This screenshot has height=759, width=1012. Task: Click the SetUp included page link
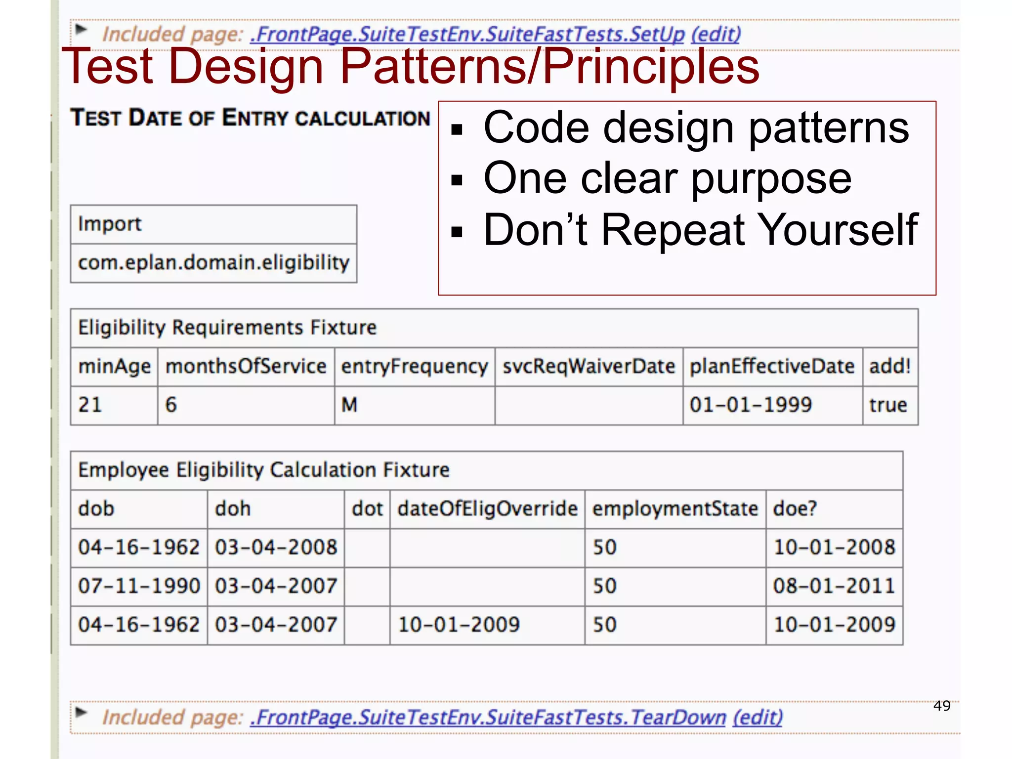[x=467, y=34]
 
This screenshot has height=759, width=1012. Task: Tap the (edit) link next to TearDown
[x=758, y=717]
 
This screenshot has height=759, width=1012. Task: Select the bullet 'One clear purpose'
[x=667, y=178]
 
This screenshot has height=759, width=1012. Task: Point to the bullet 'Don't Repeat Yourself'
[x=700, y=230]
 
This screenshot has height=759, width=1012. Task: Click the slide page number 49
[x=942, y=706]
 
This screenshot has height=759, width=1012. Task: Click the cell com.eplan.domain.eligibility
[x=213, y=263]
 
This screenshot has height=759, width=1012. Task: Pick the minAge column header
[x=114, y=367]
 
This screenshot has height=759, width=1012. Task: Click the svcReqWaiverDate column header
[x=589, y=367]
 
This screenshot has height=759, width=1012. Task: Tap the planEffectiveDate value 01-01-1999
[x=751, y=405]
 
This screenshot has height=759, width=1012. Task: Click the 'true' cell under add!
[x=888, y=405]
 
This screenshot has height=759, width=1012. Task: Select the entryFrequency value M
[x=349, y=405]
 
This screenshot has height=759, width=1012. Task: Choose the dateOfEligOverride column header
[x=487, y=509]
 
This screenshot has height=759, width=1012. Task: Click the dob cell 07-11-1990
[x=139, y=586]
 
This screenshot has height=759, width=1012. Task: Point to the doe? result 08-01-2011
[x=834, y=586]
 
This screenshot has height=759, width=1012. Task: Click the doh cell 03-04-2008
[x=276, y=548]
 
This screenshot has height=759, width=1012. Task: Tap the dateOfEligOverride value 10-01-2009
[x=459, y=625]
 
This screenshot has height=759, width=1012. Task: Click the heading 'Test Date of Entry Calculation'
[x=250, y=118]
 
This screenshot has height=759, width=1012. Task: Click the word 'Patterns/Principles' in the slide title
[x=549, y=67]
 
